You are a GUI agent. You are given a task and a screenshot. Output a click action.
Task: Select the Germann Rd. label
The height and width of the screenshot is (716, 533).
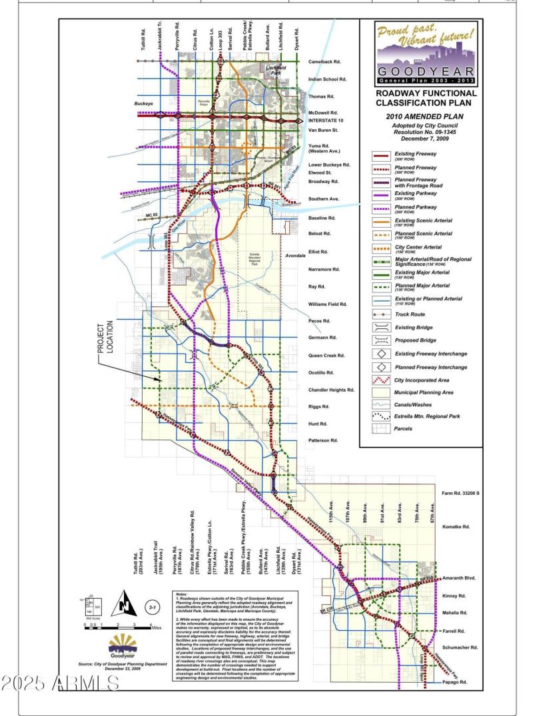tap(324, 338)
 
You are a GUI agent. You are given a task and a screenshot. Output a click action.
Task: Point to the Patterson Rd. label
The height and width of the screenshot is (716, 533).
tap(324, 441)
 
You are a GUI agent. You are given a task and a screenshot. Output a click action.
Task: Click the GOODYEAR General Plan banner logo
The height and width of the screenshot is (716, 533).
tap(426, 53)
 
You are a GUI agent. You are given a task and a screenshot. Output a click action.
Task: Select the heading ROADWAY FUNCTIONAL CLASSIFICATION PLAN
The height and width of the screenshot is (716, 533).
tap(426, 99)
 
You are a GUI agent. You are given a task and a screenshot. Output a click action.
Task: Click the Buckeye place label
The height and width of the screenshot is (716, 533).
tap(143, 105)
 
